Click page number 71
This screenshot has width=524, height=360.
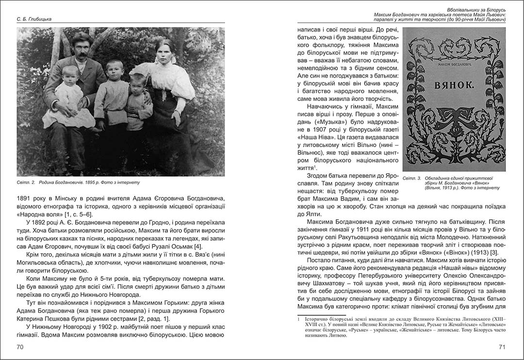(x=502, y=347)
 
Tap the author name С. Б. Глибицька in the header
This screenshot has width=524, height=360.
(x=33, y=19)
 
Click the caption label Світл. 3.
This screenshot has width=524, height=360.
(x=411, y=179)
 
